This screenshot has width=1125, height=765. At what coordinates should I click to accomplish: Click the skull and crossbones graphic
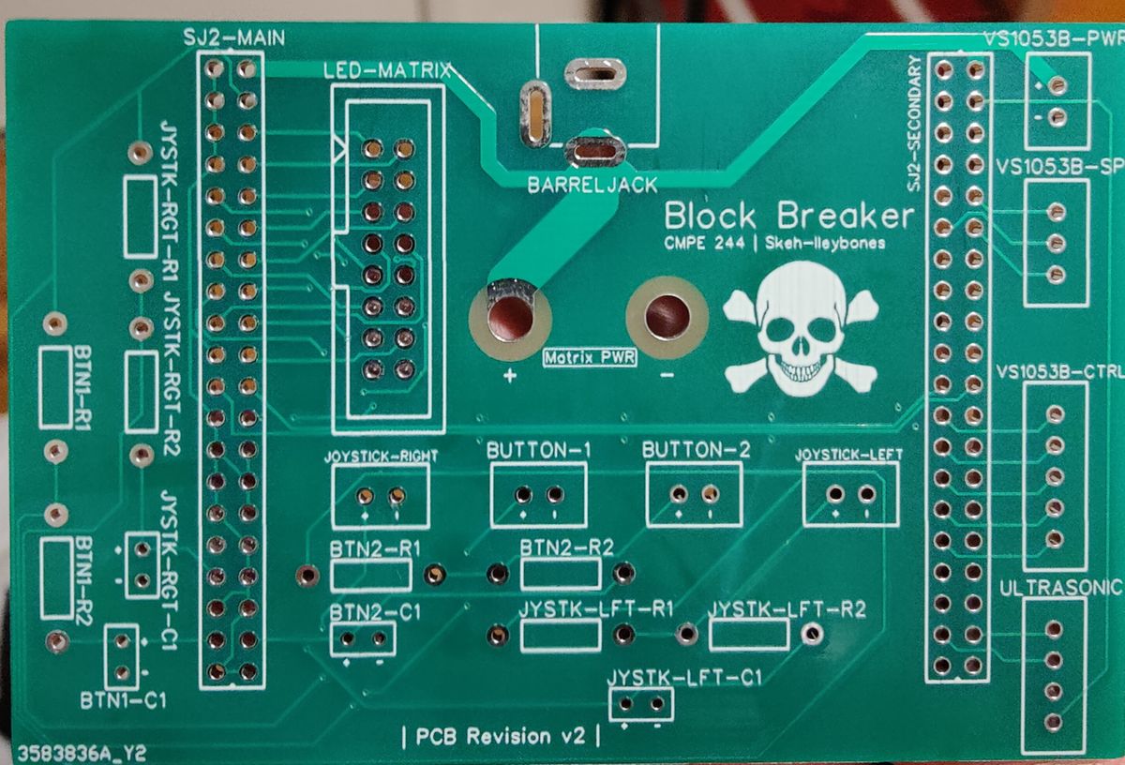click(x=801, y=329)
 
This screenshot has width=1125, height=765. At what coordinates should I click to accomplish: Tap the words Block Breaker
click(x=789, y=217)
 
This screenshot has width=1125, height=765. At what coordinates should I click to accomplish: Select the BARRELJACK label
click(x=592, y=186)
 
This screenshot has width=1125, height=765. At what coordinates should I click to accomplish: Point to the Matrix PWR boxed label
click(x=590, y=357)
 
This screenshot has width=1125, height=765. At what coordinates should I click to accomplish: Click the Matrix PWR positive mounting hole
click(x=510, y=319)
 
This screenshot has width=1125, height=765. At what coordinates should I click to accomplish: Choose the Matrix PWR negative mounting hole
click(x=667, y=318)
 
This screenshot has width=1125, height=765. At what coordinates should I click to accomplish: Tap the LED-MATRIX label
click(x=387, y=71)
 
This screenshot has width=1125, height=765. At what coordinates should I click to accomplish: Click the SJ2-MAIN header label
click(x=234, y=38)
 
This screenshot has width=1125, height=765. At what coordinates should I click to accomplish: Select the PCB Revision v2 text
click(x=501, y=736)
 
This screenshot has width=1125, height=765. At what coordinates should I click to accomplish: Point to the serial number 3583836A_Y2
click(x=82, y=754)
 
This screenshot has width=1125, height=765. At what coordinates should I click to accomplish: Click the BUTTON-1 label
click(x=538, y=451)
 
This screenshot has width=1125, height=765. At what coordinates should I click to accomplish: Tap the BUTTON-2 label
click(x=696, y=450)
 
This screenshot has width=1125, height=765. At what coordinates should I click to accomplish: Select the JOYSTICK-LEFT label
click(x=848, y=455)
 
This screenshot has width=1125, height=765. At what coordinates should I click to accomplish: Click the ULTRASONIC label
click(x=1060, y=588)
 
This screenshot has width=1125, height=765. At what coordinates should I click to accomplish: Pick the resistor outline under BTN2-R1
click(x=371, y=576)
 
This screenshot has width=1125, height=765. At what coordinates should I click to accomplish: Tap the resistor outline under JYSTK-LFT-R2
click(x=749, y=635)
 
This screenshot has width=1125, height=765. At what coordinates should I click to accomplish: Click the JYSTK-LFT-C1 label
click(x=684, y=678)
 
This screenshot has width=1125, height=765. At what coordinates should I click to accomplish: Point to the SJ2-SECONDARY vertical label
click(x=914, y=123)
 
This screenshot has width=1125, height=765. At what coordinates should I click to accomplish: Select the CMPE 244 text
click(x=704, y=244)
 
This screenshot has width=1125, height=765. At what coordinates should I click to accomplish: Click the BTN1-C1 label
click(x=123, y=700)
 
